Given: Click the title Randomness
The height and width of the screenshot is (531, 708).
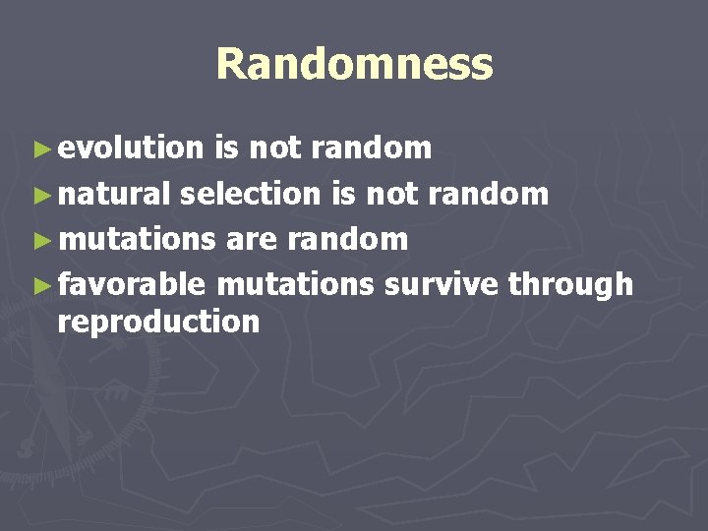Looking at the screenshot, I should pyautogui.click(x=354, y=65).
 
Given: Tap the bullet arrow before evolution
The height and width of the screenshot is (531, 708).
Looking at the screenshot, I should pyautogui.click(x=40, y=149).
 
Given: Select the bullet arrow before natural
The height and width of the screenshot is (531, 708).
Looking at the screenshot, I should pyautogui.click(x=40, y=195).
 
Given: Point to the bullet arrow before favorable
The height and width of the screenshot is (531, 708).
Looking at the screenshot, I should pyautogui.click(x=40, y=285).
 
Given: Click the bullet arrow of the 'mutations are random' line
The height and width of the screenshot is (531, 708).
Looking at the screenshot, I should pyautogui.click(x=40, y=240).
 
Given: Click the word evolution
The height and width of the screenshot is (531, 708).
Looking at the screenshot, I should pyautogui.click(x=130, y=147).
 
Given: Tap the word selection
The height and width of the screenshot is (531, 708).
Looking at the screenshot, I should pyautogui.click(x=251, y=194).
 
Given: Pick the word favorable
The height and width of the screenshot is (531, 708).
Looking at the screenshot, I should pyautogui.click(x=132, y=284).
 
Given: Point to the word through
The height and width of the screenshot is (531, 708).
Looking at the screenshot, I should pyautogui.click(x=570, y=284).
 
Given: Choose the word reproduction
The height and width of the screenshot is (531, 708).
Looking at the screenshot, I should pyautogui.click(x=158, y=322).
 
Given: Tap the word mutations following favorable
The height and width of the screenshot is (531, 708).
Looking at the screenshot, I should pyautogui.click(x=295, y=284).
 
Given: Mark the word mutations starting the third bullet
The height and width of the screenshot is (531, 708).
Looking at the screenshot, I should pyautogui.click(x=137, y=239).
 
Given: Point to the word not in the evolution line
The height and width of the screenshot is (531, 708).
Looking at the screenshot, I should pyautogui.click(x=276, y=147).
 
